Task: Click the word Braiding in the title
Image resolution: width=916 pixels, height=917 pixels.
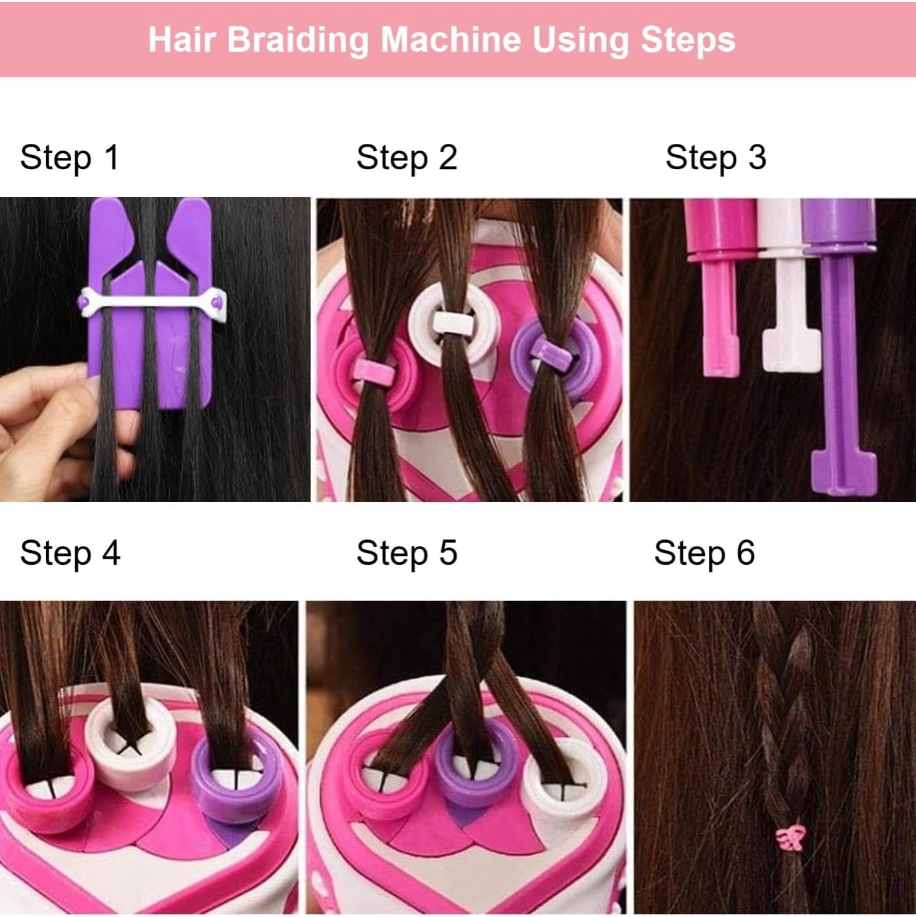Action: pyautogui.click(x=298, y=41)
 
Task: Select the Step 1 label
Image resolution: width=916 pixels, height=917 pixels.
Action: pyautogui.click(x=69, y=158)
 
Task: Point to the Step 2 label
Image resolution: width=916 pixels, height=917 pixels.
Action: pyautogui.click(x=407, y=158)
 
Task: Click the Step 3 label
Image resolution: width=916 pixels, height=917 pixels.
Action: pyautogui.click(x=716, y=158)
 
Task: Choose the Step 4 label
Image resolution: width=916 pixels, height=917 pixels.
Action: pyautogui.click(x=70, y=553)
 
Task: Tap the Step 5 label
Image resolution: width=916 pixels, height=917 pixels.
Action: pyautogui.click(x=407, y=553)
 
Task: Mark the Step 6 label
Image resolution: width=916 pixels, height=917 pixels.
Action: pyautogui.click(x=704, y=553)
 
